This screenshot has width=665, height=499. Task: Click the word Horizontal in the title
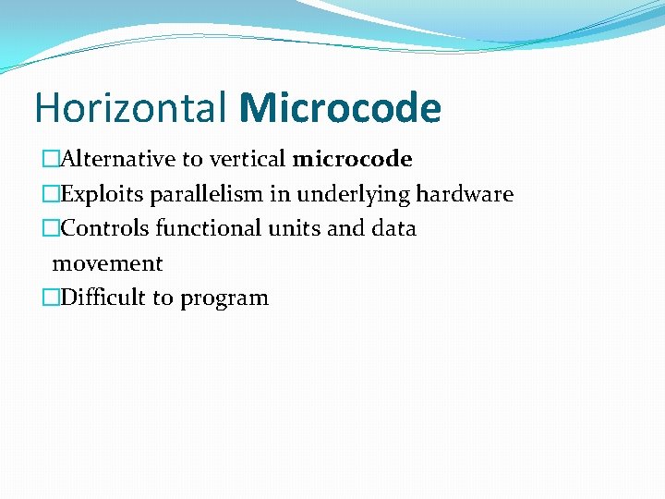point(130,108)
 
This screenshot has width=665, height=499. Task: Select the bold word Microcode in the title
point(340,108)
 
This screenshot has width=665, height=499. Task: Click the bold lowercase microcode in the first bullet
point(352,159)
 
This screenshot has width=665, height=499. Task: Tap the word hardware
point(465,194)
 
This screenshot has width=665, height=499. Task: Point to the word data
point(394,228)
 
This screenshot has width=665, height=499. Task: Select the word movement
point(107,263)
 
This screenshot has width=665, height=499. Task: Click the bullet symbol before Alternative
point(51,159)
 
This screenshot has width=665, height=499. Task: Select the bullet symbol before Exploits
point(51,194)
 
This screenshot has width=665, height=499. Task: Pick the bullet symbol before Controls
point(51,228)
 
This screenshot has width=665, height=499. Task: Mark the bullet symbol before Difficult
point(51,298)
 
